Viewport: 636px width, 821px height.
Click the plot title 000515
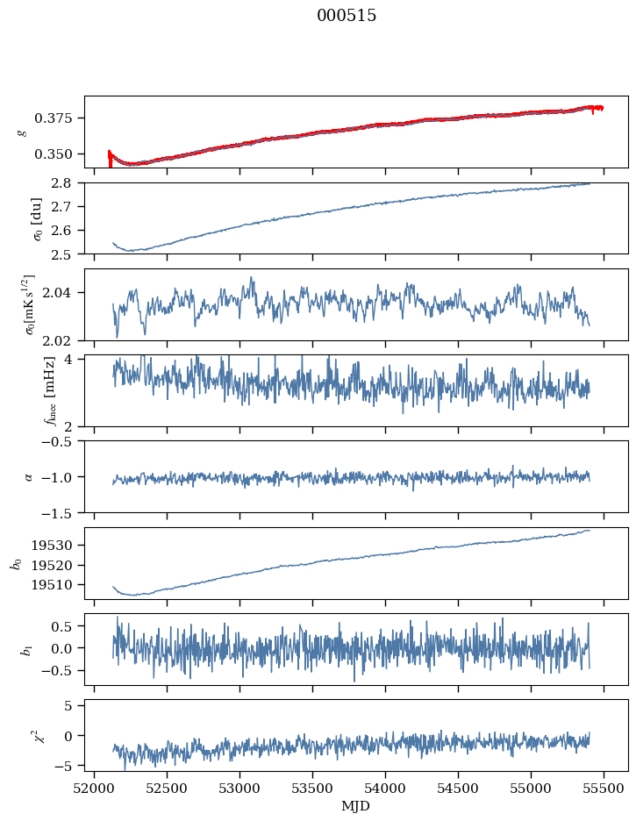coord(347,16)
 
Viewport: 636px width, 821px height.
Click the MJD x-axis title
coord(356,805)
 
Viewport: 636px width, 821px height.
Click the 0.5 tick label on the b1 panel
coord(67,626)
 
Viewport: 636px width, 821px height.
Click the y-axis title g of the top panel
coord(23,132)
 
